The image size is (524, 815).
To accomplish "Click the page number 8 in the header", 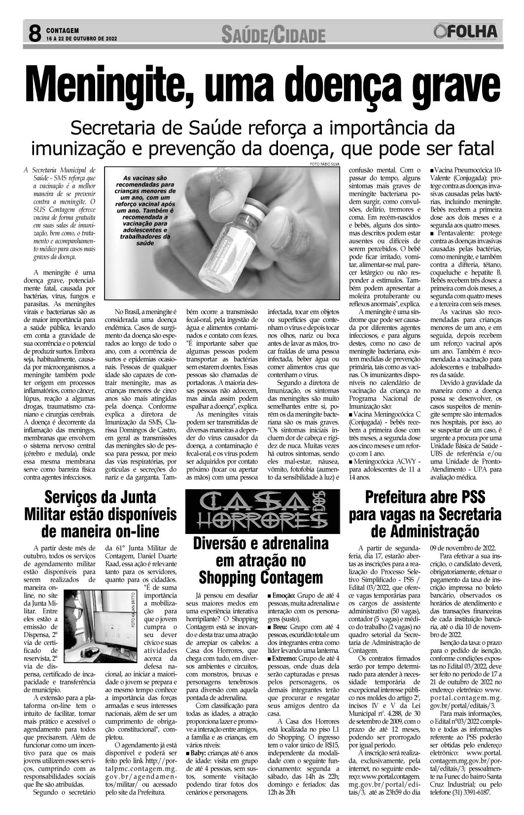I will pos(35,34).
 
